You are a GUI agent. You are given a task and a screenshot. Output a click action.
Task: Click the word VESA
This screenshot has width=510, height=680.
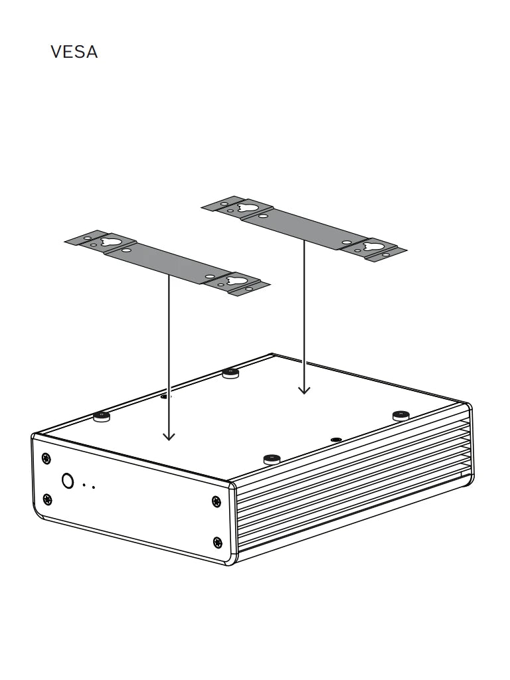[74, 52]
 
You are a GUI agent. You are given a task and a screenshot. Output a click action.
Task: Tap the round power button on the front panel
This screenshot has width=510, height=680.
[68, 481]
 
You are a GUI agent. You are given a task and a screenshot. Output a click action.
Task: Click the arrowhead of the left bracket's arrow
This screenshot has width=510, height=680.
[169, 436]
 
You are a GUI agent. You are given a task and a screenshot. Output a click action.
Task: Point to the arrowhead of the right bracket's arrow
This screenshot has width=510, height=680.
[304, 390]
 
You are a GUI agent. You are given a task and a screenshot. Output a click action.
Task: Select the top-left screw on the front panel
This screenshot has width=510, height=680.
[46, 458]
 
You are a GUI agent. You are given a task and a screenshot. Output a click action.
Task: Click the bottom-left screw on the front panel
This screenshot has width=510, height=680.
[47, 499]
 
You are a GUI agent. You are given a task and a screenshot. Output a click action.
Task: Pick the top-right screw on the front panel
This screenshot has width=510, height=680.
[216, 501]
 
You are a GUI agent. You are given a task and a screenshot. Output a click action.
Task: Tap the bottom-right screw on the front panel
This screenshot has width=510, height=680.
[217, 543]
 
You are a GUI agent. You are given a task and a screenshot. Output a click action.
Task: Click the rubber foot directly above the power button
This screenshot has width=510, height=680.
[101, 416]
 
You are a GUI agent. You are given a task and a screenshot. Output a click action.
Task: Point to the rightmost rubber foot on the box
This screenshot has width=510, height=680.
[400, 415]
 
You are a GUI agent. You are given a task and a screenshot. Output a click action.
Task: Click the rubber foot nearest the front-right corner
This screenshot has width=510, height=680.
[272, 458]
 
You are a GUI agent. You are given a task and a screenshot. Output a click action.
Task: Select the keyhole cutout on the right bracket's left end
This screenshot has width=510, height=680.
[247, 207]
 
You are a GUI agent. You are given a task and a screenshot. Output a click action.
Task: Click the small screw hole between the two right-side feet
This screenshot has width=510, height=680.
[337, 440]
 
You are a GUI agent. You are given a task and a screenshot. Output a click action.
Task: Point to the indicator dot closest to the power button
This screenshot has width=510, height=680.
[84, 485]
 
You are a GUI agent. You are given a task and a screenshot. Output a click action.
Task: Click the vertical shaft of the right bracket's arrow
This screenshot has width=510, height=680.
[304, 312]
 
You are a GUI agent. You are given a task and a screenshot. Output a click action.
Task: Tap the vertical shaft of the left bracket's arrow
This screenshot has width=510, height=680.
[169, 352]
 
